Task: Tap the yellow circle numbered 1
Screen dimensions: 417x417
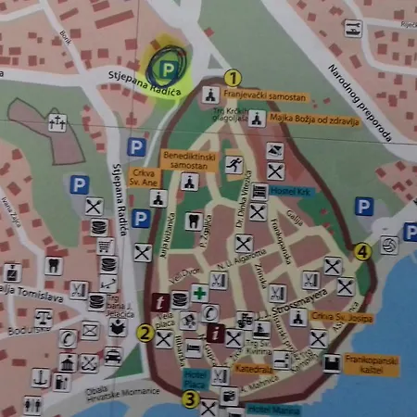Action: tap(232, 78)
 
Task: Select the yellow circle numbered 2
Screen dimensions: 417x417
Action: tap(145, 333)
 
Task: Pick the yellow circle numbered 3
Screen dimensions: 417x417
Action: tap(190, 400)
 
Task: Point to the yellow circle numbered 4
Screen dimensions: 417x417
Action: tap(362, 250)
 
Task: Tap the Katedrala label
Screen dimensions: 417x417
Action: tap(252, 368)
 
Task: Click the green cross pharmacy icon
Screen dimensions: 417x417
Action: tap(199, 294)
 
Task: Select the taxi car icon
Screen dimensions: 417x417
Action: tap(113, 356)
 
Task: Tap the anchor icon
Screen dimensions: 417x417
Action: tap(40, 378)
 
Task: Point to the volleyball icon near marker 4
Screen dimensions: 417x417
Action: tap(390, 245)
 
